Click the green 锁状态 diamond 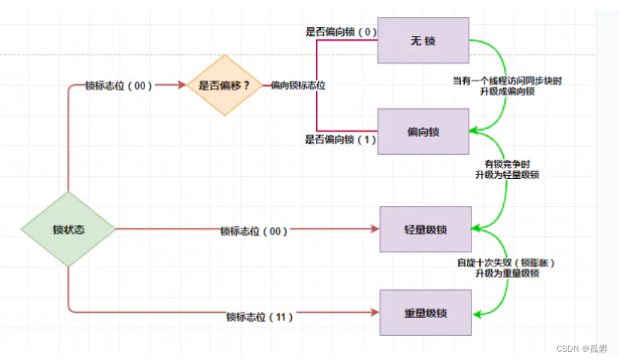point(68,229)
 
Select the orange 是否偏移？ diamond point(223,86)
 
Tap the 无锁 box point(423,41)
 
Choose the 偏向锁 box point(423,132)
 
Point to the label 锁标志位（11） point(260,317)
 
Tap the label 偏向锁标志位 point(298,86)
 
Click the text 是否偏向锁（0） point(340,32)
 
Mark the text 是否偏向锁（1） point(340,139)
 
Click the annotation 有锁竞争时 point(507,163)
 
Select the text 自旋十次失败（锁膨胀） point(511,262)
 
